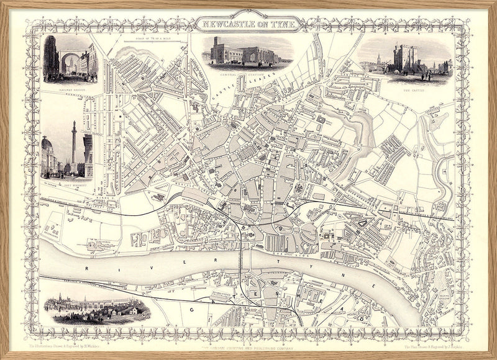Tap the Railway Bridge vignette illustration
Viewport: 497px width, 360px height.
(x=70, y=59)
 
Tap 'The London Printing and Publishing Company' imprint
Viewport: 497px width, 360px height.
(x=248, y=341)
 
